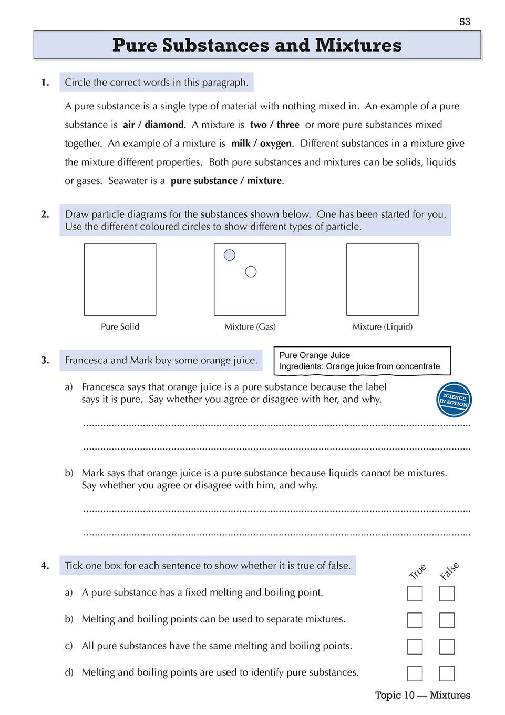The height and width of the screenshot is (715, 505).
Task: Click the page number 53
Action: pyautogui.click(x=465, y=22)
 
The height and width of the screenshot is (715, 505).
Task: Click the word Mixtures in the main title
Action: pyautogui.click(x=358, y=45)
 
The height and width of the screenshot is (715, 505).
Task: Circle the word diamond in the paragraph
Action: pyautogui.click(x=164, y=125)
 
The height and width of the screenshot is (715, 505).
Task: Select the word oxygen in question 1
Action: pyautogui.click(x=275, y=144)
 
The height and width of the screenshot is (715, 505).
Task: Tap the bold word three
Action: pyautogui.click(x=288, y=125)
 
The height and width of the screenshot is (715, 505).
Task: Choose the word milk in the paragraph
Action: pyautogui.click(x=241, y=144)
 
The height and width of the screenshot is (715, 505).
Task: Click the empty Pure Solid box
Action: pyautogui.click(x=120, y=280)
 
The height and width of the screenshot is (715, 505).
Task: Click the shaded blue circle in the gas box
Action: pyautogui.click(x=230, y=255)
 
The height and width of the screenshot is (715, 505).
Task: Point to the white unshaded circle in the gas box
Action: pyautogui.click(x=251, y=272)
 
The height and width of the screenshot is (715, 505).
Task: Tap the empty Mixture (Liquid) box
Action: pyautogui.click(x=382, y=280)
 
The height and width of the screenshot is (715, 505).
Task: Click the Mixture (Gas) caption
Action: pyautogui.click(x=250, y=326)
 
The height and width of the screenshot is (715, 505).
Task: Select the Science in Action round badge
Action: pyautogui.click(x=454, y=400)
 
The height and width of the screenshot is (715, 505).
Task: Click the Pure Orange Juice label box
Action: pyautogui.click(x=362, y=361)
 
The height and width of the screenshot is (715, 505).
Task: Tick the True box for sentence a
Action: pyautogui.click(x=415, y=594)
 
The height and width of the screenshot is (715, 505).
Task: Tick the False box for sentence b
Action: pyautogui.click(x=447, y=620)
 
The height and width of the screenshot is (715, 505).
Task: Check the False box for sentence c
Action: pyautogui.click(x=447, y=647)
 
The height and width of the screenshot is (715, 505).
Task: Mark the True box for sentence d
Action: pyautogui.click(x=415, y=673)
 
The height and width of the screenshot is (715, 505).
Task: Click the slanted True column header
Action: pyautogui.click(x=417, y=571)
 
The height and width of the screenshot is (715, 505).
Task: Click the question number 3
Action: pyautogui.click(x=45, y=360)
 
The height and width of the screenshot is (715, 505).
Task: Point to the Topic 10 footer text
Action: pyautogui.click(x=422, y=695)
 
